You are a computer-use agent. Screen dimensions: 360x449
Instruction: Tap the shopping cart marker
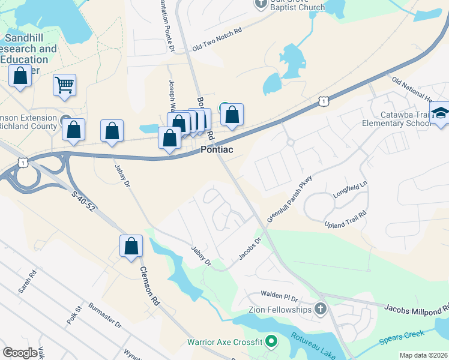(64, 85)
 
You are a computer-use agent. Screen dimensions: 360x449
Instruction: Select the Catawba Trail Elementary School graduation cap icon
(440, 113)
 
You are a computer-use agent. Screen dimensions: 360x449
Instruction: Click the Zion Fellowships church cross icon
(321, 309)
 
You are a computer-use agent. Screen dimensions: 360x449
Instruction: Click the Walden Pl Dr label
(279, 296)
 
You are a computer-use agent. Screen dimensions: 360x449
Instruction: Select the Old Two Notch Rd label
(217, 39)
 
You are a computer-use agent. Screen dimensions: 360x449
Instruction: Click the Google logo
(20, 353)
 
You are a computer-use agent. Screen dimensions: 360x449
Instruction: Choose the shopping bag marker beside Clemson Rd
(131, 246)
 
